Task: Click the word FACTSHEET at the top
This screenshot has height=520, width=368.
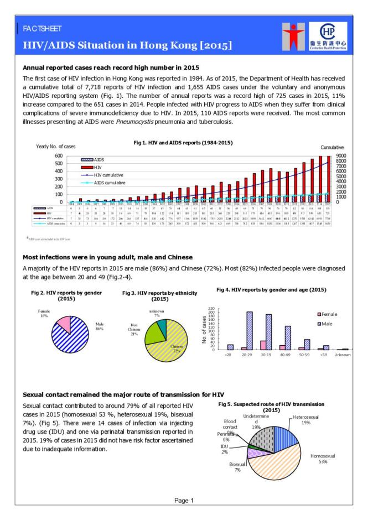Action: (x=42, y=28)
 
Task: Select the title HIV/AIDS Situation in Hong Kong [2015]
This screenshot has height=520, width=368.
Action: (x=127, y=44)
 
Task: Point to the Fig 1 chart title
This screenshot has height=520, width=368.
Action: (x=183, y=143)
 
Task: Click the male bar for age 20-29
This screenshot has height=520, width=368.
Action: (x=250, y=331)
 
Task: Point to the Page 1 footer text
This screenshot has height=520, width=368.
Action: (x=184, y=501)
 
